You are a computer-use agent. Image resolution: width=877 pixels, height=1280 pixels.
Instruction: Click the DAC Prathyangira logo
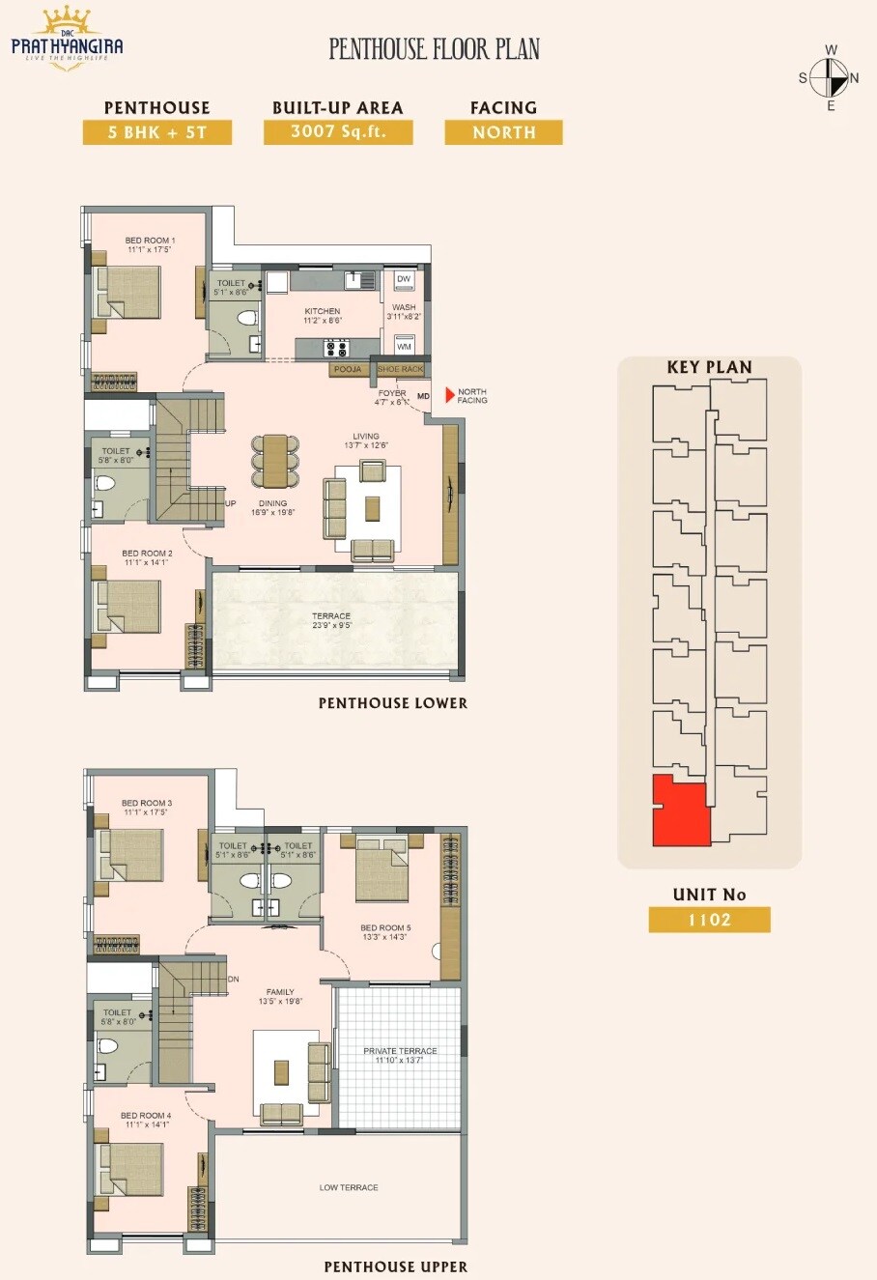click(x=67, y=39)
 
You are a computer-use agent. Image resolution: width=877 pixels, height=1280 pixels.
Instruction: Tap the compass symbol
click(x=829, y=77)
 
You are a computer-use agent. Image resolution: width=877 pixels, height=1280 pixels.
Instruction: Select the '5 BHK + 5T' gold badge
click(x=156, y=132)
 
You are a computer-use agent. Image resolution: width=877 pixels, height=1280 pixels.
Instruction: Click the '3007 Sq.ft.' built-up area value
click(x=338, y=131)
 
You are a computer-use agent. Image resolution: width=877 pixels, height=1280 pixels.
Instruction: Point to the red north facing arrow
click(x=449, y=395)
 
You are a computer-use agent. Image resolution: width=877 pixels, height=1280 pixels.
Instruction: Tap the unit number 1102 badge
click(x=709, y=920)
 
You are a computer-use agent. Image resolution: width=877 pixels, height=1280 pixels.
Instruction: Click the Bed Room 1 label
click(x=150, y=241)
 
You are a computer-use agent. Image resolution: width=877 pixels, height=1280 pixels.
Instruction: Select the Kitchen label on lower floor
click(x=323, y=311)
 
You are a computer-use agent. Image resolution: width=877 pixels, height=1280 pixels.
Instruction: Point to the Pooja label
click(x=348, y=369)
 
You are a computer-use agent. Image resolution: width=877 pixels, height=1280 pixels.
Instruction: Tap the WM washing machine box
click(x=404, y=346)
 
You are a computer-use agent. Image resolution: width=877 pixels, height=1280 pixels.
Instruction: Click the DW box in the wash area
click(x=404, y=279)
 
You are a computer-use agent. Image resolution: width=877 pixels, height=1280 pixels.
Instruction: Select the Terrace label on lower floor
click(x=331, y=616)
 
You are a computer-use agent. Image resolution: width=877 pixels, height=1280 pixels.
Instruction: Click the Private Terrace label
click(x=400, y=1051)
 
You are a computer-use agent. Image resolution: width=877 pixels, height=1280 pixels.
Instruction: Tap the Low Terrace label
click(x=349, y=1187)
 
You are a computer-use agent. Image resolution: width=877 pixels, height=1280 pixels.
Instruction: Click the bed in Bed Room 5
click(x=382, y=871)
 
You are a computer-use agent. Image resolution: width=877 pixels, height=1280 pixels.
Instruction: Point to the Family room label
click(x=280, y=992)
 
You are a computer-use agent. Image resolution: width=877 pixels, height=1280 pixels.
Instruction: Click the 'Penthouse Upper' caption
click(x=395, y=1266)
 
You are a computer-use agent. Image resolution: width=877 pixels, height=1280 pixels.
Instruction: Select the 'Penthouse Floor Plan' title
click(x=435, y=49)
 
